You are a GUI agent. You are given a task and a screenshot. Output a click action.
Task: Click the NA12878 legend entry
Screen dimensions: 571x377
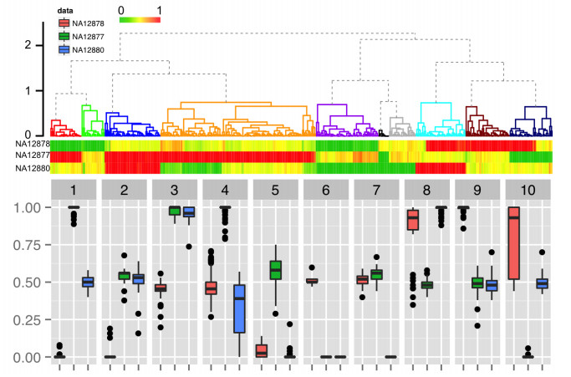(82, 23)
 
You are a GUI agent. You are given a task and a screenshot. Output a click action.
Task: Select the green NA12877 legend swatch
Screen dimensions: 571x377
(64, 37)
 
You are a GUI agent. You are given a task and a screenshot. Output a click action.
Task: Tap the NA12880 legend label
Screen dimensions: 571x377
(88, 50)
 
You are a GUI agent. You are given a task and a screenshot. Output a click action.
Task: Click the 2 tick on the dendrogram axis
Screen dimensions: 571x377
(28, 45)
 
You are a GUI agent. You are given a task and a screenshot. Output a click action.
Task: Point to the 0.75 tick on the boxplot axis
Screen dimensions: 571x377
(27, 245)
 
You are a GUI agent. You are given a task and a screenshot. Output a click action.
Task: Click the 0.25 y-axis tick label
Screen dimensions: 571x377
(27, 320)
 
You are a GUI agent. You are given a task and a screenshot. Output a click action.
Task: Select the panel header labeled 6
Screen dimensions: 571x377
(326, 190)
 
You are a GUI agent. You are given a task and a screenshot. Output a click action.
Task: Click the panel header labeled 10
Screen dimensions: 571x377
(528, 190)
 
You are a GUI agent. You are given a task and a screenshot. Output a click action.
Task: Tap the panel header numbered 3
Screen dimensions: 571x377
(175, 190)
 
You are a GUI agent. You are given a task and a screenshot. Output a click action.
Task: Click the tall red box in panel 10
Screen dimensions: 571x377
(514, 243)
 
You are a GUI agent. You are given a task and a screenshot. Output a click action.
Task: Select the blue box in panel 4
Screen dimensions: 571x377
(239, 309)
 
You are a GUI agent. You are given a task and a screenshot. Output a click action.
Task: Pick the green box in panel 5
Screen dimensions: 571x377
(276, 270)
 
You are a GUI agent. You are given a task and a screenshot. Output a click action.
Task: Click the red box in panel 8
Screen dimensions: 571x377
(413, 220)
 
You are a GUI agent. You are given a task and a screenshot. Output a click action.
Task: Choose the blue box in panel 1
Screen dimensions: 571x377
(88, 283)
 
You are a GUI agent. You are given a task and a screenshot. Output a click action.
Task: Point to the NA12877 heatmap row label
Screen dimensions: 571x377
(33, 155)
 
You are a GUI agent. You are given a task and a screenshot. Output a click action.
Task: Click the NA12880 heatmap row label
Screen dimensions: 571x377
(33, 168)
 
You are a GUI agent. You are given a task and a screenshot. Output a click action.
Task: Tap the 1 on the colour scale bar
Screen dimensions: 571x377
(159, 11)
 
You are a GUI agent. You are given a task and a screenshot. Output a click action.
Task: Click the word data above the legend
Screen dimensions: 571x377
(65, 11)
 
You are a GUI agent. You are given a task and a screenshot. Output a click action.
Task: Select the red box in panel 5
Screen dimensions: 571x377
(262, 351)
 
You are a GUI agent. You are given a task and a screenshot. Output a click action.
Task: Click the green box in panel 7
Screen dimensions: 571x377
(376, 274)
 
